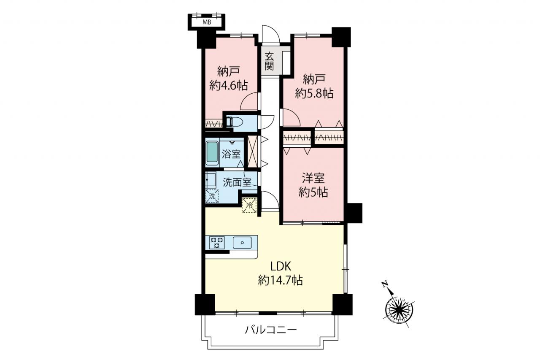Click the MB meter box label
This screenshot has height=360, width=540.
point(207,22)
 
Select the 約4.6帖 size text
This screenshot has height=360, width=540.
point(228,85)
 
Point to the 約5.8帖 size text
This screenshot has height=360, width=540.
point(314,93)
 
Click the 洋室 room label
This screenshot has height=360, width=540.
point(313,178)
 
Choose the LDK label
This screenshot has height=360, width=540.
point(281,266)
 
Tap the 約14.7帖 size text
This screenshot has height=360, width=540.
point(281,280)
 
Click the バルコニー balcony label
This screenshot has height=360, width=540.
point(270,330)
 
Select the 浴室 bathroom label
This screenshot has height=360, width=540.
point(231,154)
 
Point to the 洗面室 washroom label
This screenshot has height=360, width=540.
point(237,182)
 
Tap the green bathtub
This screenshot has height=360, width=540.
point(212,153)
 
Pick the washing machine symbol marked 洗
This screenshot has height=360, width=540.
point(212,196)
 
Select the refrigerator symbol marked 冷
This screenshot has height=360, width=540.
point(249,205)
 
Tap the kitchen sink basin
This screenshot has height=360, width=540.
point(242,242)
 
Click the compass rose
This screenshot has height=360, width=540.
point(399,309)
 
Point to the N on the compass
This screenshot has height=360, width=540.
point(384,284)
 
